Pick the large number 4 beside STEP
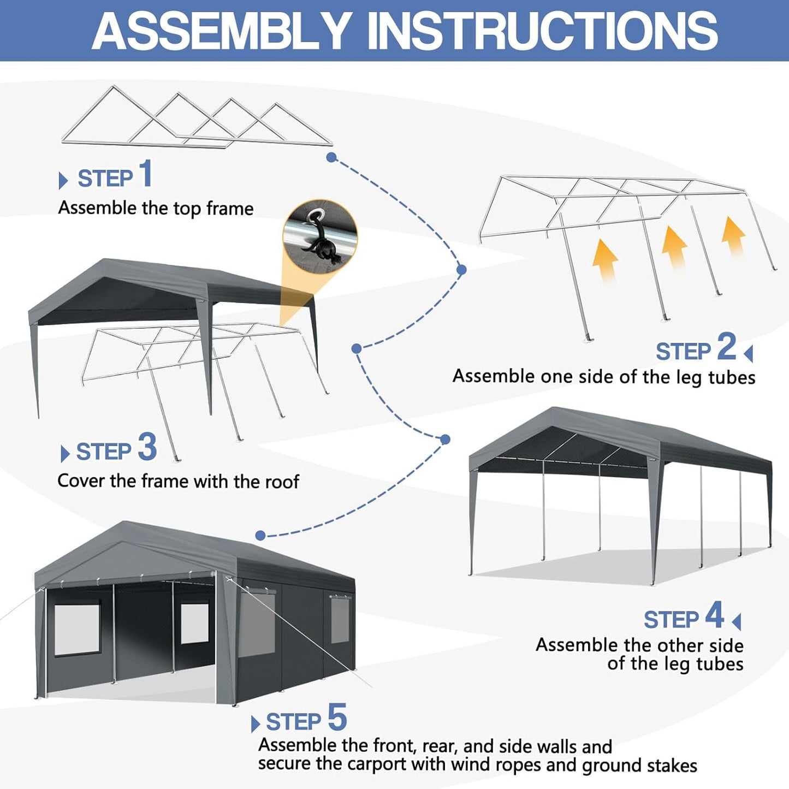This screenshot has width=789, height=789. coord(714,615)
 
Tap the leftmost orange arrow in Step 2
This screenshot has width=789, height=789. coord(605,260)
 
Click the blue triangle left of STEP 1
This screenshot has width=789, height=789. coord(63,180)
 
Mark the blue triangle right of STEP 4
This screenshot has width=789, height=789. coord(737,621)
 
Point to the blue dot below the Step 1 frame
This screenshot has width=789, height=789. coord(331,157)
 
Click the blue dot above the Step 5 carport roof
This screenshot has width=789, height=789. coord(260,536)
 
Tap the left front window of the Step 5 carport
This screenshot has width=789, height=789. coord(77,628)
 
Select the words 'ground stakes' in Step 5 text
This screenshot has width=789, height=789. coord(639,766)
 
